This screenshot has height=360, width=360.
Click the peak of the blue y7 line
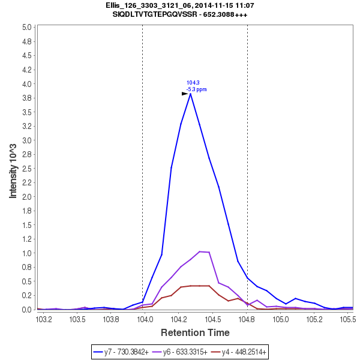click(x=190, y=93)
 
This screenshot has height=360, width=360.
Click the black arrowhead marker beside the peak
click(x=185, y=94)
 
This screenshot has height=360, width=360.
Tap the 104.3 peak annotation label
click(x=193, y=83)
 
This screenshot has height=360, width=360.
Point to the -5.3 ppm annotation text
click(x=196, y=89)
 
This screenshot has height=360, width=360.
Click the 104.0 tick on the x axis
click(x=145, y=320)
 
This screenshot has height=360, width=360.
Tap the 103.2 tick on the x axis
click(x=43, y=320)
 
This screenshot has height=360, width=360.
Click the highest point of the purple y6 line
click(x=200, y=251)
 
